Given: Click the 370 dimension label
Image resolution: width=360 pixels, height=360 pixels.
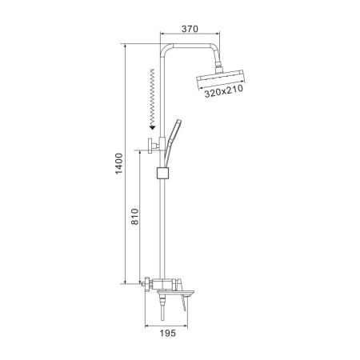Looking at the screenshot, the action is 190,29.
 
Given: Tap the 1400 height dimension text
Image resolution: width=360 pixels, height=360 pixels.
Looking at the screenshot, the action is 119,163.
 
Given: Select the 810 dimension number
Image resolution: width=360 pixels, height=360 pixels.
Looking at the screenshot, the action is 135,217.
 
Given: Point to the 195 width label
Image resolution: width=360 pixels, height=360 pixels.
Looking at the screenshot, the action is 168,333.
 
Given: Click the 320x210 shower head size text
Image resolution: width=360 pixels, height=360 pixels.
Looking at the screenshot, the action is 224,91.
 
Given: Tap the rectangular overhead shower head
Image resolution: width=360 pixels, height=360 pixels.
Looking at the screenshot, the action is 220,79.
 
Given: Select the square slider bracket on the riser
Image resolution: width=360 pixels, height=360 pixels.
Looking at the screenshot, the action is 163,173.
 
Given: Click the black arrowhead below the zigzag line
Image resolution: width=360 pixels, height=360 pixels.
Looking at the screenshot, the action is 152,127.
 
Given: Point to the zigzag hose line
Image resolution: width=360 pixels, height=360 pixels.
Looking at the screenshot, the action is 152,97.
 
